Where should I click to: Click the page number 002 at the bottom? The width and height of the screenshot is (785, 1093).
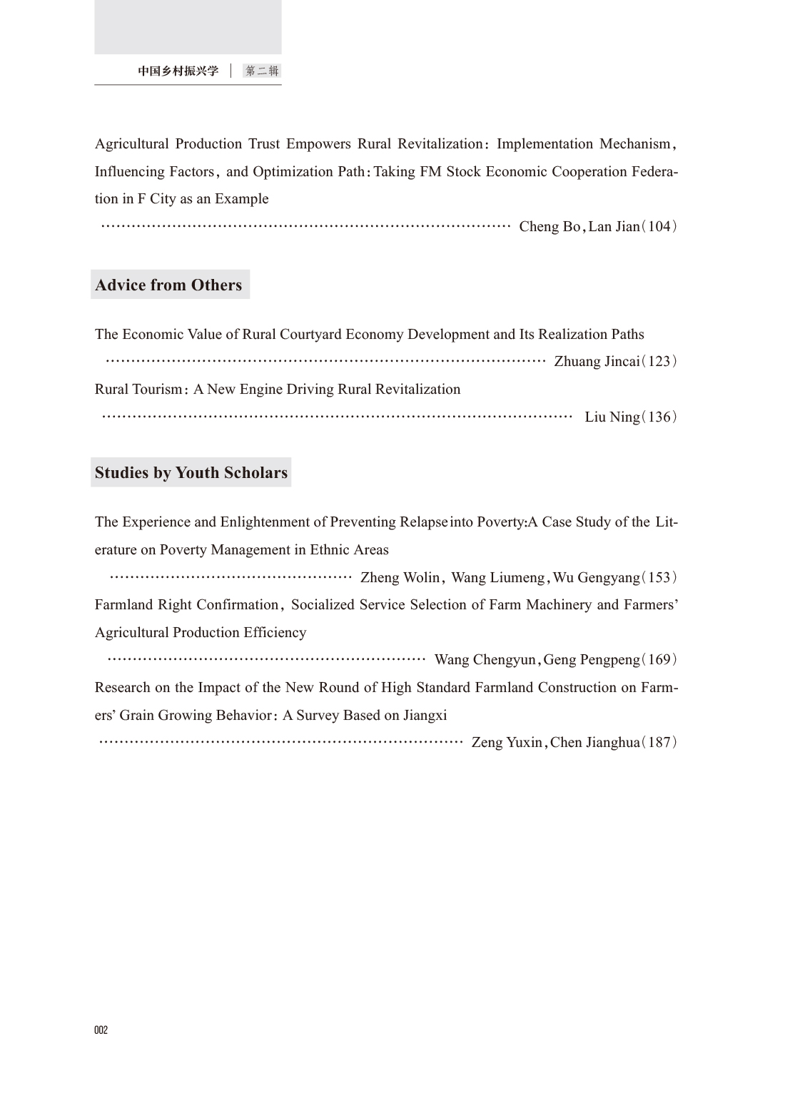[x=101, y=1030]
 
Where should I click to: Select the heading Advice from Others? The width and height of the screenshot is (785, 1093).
[x=168, y=285]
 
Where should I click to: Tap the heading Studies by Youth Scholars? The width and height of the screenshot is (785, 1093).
[x=191, y=472]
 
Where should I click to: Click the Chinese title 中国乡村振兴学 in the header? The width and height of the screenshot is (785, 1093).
[x=178, y=71]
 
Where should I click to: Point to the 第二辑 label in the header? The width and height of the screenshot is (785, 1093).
[x=262, y=71]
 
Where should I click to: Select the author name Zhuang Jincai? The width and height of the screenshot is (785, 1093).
[x=597, y=361]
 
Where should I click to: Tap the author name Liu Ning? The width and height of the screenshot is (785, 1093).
[x=612, y=417]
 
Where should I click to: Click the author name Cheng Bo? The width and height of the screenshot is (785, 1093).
[x=549, y=226]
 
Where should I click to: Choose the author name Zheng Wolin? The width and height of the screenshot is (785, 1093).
[x=400, y=577]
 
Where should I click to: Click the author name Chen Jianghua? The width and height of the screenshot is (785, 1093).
[x=595, y=742]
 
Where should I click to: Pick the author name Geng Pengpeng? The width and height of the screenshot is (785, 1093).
[x=592, y=659]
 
